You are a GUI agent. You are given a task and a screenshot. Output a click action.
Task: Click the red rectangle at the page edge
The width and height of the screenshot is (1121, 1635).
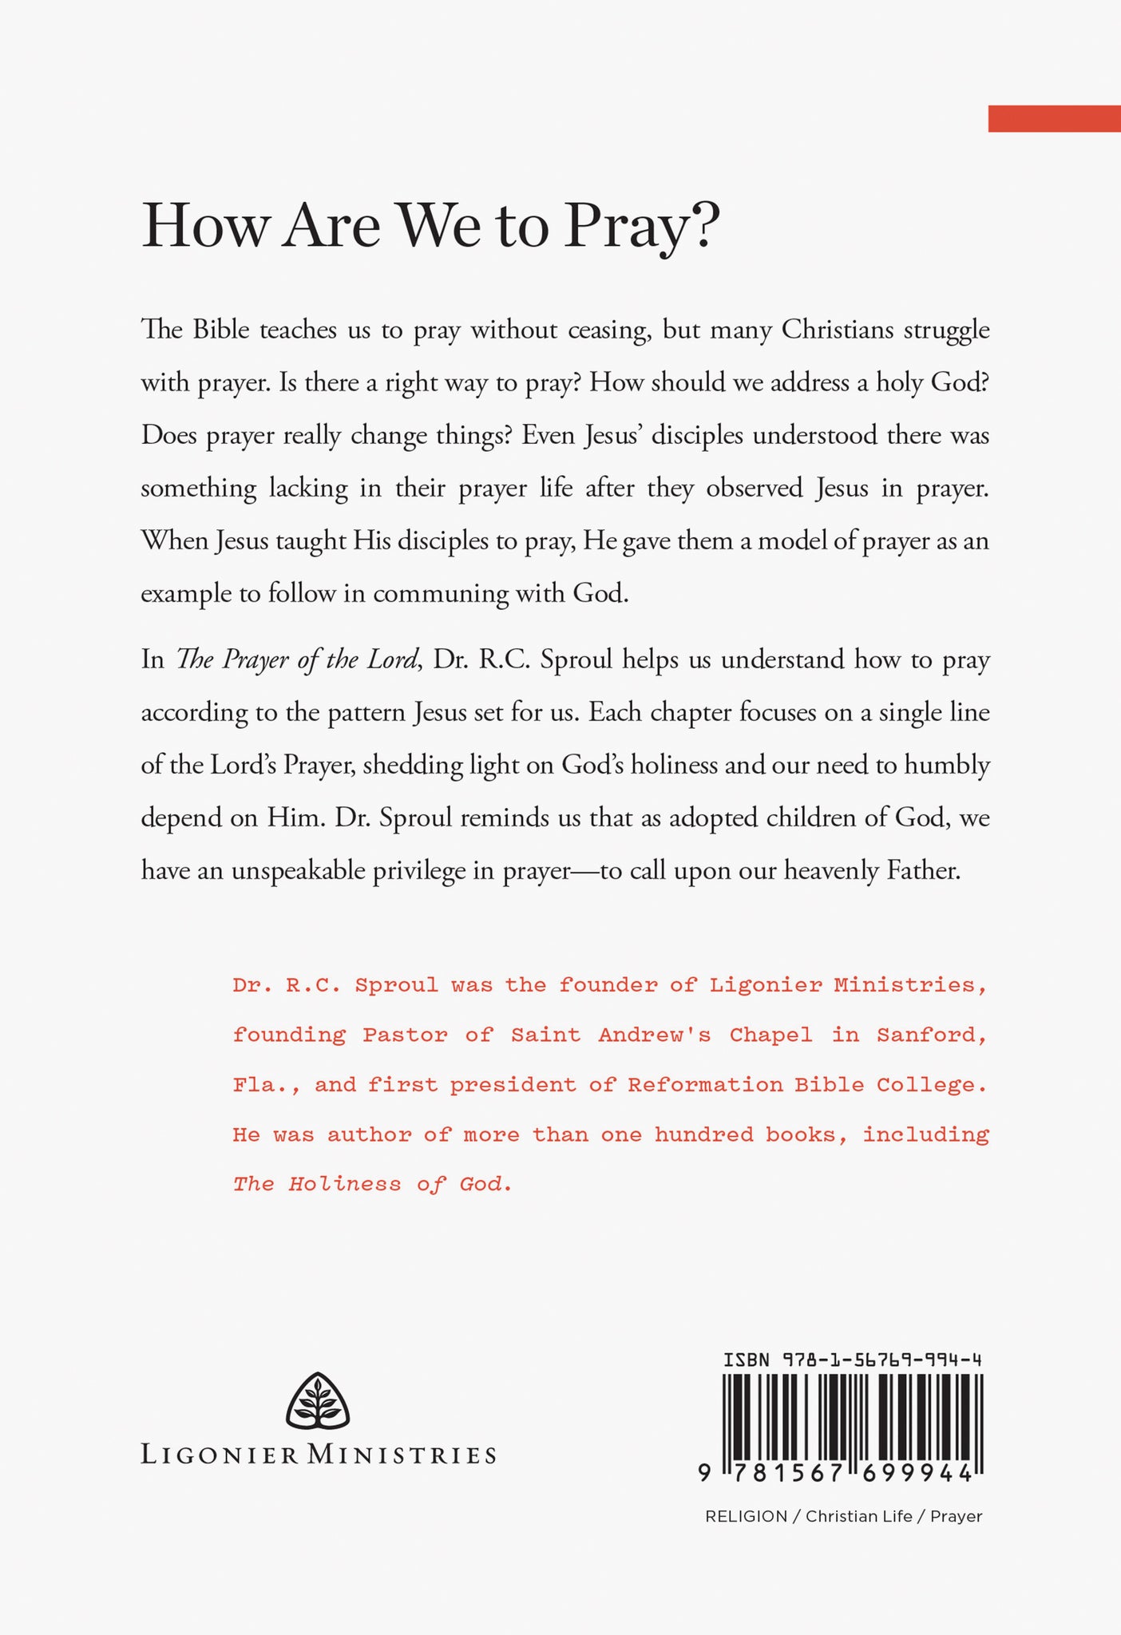coord(1054,118)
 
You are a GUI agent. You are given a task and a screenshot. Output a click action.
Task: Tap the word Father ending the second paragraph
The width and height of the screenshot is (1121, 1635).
coord(923,870)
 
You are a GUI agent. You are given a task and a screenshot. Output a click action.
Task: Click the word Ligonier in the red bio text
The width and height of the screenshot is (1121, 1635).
coord(765,985)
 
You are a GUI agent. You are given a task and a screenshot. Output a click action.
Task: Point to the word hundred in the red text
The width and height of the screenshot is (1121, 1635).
coord(703,1134)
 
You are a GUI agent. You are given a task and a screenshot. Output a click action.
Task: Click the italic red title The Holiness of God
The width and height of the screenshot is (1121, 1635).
coord(371,1184)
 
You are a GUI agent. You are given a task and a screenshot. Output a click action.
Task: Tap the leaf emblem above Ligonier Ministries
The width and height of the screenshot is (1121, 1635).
coord(318,1402)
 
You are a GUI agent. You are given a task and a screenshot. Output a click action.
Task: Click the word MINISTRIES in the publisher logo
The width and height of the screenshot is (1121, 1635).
coord(402,1455)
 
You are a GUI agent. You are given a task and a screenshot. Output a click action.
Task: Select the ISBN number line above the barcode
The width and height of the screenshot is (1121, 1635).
coord(852,1360)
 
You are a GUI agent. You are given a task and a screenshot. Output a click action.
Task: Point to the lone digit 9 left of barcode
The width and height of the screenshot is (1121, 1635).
coord(704,1474)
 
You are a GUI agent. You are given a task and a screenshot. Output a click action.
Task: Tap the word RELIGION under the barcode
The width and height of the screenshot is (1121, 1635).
coord(746,1517)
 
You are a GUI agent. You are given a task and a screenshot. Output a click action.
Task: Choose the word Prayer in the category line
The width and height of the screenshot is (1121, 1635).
coord(956,1517)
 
